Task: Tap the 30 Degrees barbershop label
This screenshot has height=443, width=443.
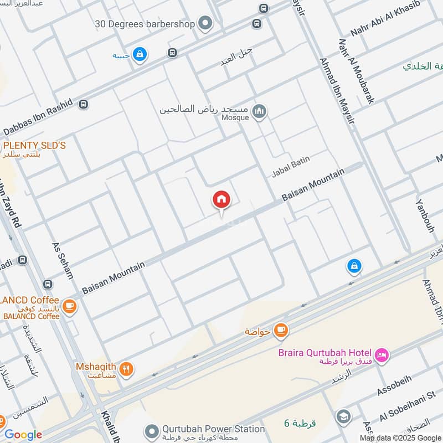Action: pos(145,23)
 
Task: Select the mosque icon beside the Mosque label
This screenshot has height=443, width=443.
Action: pos(259,112)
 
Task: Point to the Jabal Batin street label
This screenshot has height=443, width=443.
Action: pos(291,167)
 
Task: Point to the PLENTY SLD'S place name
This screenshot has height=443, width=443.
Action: pos(34,146)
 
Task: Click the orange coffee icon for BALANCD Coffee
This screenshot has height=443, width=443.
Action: pos(69,306)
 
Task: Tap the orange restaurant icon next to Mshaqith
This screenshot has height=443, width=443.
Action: pos(127,369)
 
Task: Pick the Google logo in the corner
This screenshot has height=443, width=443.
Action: pos(23,435)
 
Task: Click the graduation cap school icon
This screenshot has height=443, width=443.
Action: pos(343,417)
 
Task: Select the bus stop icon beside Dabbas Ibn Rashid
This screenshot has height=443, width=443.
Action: pos(83,104)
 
